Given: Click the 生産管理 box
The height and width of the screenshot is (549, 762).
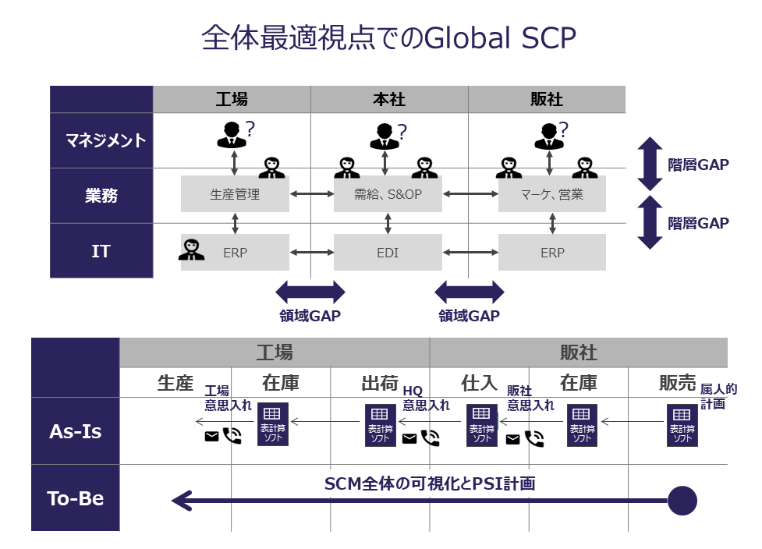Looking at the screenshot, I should click(235, 194).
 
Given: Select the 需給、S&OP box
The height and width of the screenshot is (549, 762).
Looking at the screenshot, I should click(388, 194).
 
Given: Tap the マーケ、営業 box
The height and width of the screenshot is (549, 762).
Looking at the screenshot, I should click(552, 194).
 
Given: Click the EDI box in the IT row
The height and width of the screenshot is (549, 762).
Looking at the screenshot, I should click(388, 253).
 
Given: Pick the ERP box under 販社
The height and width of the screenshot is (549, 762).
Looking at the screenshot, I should click(552, 253).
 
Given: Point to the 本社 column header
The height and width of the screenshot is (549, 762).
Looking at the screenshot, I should click(389, 99).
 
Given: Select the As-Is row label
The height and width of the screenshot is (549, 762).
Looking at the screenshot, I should click(75, 430).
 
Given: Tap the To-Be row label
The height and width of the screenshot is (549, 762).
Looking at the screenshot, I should click(75, 498).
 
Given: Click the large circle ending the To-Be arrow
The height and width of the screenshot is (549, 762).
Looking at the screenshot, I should click(682, 500).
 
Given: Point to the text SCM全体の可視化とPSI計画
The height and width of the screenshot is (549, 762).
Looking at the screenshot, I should click(430, 483).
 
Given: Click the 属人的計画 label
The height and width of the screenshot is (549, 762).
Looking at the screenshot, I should click(718, 396).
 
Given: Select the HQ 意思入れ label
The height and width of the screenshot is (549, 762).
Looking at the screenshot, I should click(426, 398).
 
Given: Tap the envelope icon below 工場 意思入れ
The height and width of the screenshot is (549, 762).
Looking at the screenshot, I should click(211, 437).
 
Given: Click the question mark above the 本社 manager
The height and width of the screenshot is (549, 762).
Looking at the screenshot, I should click(402, 131).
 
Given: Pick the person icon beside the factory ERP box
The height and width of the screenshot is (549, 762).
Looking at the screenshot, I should click(191, 250).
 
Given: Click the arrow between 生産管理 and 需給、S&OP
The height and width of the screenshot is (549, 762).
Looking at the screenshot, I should click(310, 193).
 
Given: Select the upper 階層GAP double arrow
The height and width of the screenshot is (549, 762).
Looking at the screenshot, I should click(650, 164).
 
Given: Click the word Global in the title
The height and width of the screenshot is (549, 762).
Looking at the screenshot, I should click(466, 38).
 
